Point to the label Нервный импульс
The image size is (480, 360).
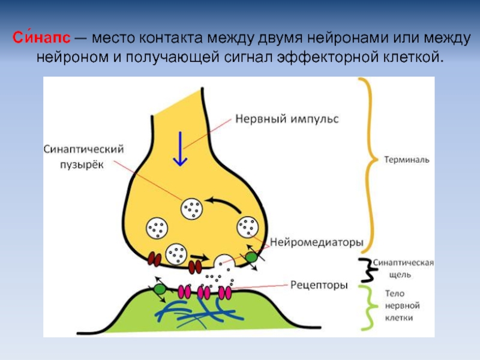pos(286,119)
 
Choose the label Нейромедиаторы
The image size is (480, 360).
pos(317,243)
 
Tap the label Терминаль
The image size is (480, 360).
pos(407,161)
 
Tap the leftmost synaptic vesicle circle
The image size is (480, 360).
pos(157,228)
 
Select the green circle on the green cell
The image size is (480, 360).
pos(160,289)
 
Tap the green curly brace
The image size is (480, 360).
pos(364,307)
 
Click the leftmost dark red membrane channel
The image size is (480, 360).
pos(155,259)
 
